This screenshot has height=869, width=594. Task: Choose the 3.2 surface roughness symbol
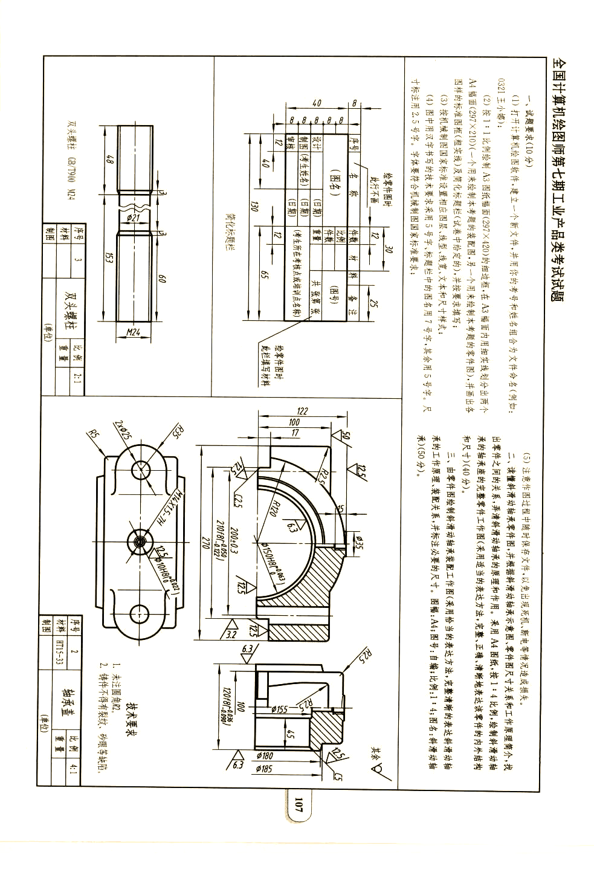tap(230, 635)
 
